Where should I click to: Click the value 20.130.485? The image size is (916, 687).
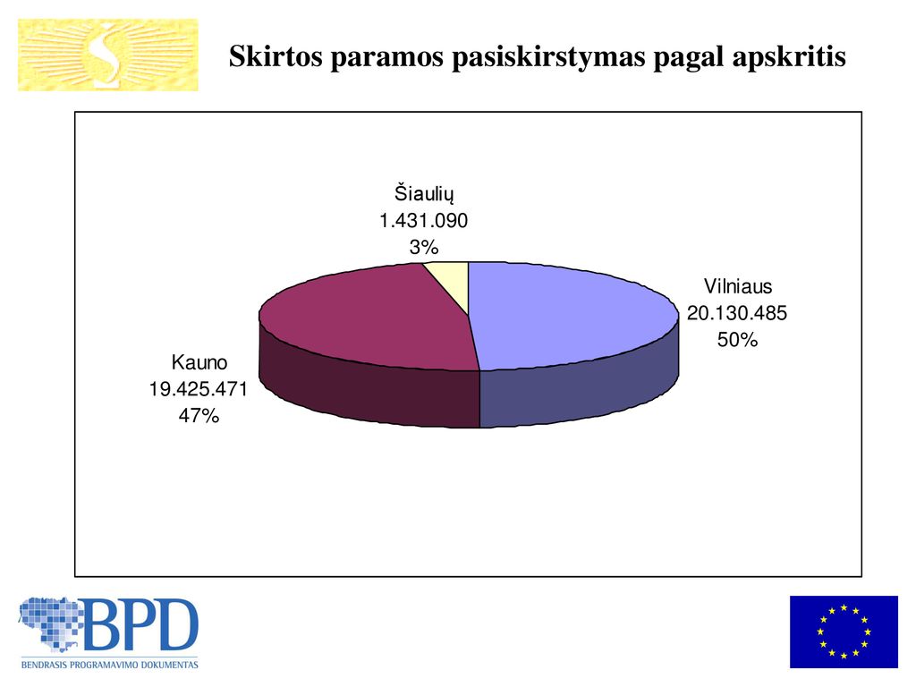[737, 313]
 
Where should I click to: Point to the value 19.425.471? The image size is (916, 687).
[199, 389]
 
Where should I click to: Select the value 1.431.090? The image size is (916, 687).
[423, 221]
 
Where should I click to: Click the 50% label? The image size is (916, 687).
[737, 339]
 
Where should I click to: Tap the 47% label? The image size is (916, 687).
[199, 415]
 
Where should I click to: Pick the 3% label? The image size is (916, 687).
[424, 247]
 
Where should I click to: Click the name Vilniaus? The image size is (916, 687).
[738, 286]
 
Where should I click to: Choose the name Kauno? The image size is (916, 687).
[199, 362]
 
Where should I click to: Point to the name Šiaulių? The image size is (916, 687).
[424, 193]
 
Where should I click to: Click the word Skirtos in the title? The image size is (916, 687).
[276, 56]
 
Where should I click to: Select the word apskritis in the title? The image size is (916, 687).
[789, 57]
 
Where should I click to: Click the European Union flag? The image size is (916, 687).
[844, 632]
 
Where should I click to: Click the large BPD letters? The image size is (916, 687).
[142, 623]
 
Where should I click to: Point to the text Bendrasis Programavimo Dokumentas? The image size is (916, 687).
[110, 665]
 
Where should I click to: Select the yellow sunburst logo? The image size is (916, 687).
[108, 55]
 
